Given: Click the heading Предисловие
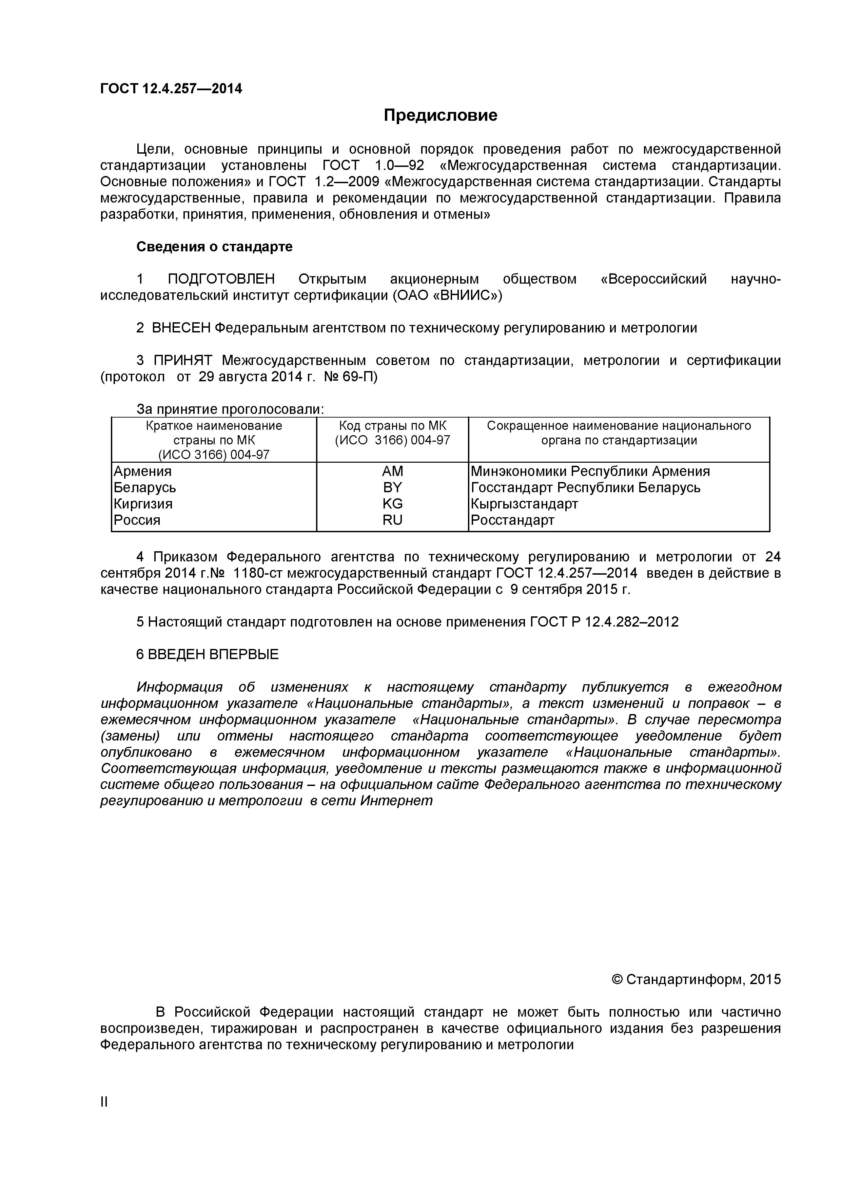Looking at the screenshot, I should pos(441,115).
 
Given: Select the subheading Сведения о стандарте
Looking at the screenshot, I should pos(214,247).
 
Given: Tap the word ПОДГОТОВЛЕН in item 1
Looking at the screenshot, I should pos(221,280).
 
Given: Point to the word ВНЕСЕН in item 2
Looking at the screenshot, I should pos(181,328).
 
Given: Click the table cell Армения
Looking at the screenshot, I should pos(142,471).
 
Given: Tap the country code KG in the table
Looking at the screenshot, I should pos(392,504).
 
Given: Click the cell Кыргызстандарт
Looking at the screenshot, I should pos(524,504).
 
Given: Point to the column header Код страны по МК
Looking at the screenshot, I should pos(392,426).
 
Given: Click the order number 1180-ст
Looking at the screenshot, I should pos(257,573).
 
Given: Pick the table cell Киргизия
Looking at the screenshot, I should pos(143,504).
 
